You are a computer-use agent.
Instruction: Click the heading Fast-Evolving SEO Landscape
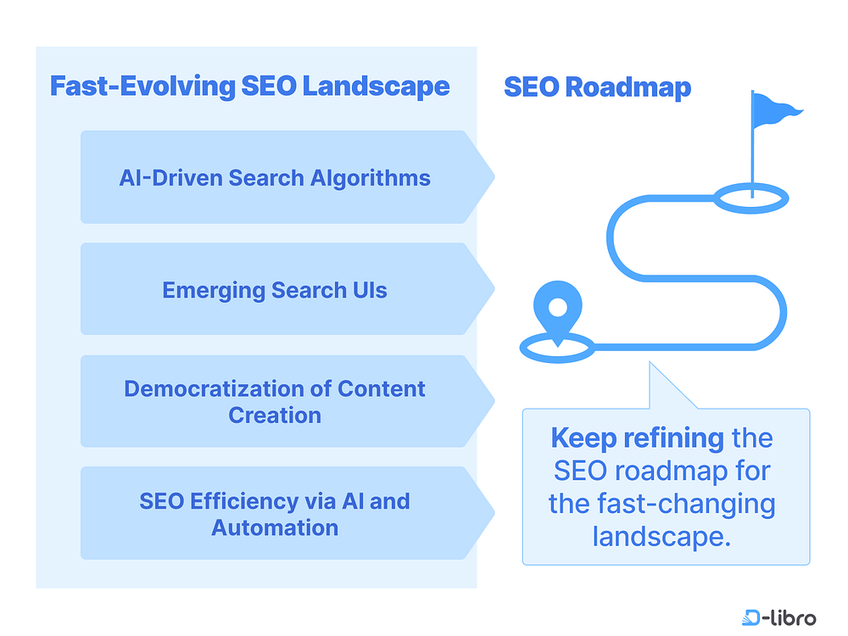pyautogui.click(x=249, y=86)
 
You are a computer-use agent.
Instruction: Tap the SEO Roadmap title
pyautogui.click(x=597, y=86)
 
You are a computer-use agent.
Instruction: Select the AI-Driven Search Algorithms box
pyautogui.click(x=275, y=177)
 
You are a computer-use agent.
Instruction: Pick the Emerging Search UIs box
pyautogui.click(x=275, y=290)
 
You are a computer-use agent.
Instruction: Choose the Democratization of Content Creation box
pyautogui.click(x=275, y=402)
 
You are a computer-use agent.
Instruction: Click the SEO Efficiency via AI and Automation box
pyautogui.click(x=275, y=514)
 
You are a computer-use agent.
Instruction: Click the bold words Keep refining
pyautogui.click(x=637, y=438)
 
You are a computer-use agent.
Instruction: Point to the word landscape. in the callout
pyautogui.click(x=661, y=536)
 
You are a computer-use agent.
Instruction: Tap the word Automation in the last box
pyautogui.click(x=275, y=527)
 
